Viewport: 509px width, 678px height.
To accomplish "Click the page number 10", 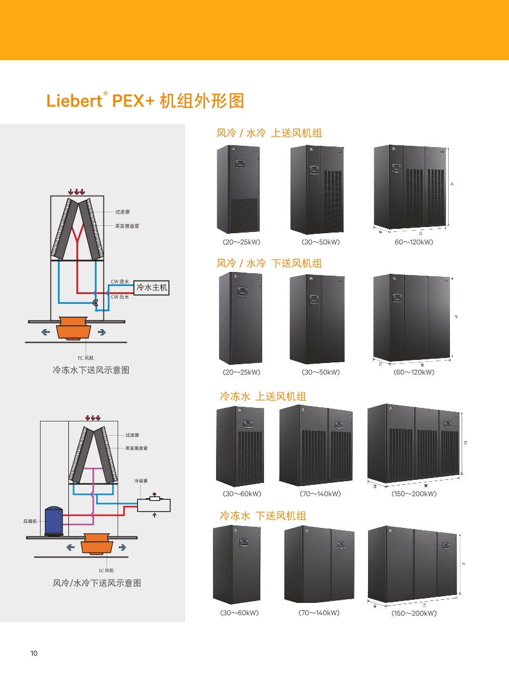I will pos(34,653).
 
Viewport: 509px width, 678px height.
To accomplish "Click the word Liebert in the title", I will pos(73,101).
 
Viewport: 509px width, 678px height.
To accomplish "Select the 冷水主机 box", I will pos(151,287).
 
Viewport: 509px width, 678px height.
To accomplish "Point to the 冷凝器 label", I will pos(141,481).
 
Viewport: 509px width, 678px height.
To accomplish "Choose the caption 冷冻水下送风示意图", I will pos(91,370).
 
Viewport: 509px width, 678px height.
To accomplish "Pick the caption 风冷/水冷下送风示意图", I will pos(97,583).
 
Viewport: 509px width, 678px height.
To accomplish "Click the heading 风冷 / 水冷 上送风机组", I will pos(269,133).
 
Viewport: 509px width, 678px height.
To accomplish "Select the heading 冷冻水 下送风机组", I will pos(263,516).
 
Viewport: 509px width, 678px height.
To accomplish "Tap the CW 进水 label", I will pos(119,282).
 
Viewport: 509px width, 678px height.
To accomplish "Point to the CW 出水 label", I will pos(119,296).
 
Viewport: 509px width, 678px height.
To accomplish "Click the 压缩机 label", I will pos(30,521).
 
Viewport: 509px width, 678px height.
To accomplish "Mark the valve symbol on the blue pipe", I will pos(95,303).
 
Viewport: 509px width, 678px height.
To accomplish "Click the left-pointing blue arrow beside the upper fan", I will pos(46,332).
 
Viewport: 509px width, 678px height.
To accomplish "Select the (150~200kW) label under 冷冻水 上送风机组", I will pos(414,493).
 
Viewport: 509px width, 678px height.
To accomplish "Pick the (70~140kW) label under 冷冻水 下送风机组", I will pos(319,613).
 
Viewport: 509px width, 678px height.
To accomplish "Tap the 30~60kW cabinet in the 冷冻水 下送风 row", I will pos(239,565).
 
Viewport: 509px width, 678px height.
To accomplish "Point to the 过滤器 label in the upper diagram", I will pos(122,212).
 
